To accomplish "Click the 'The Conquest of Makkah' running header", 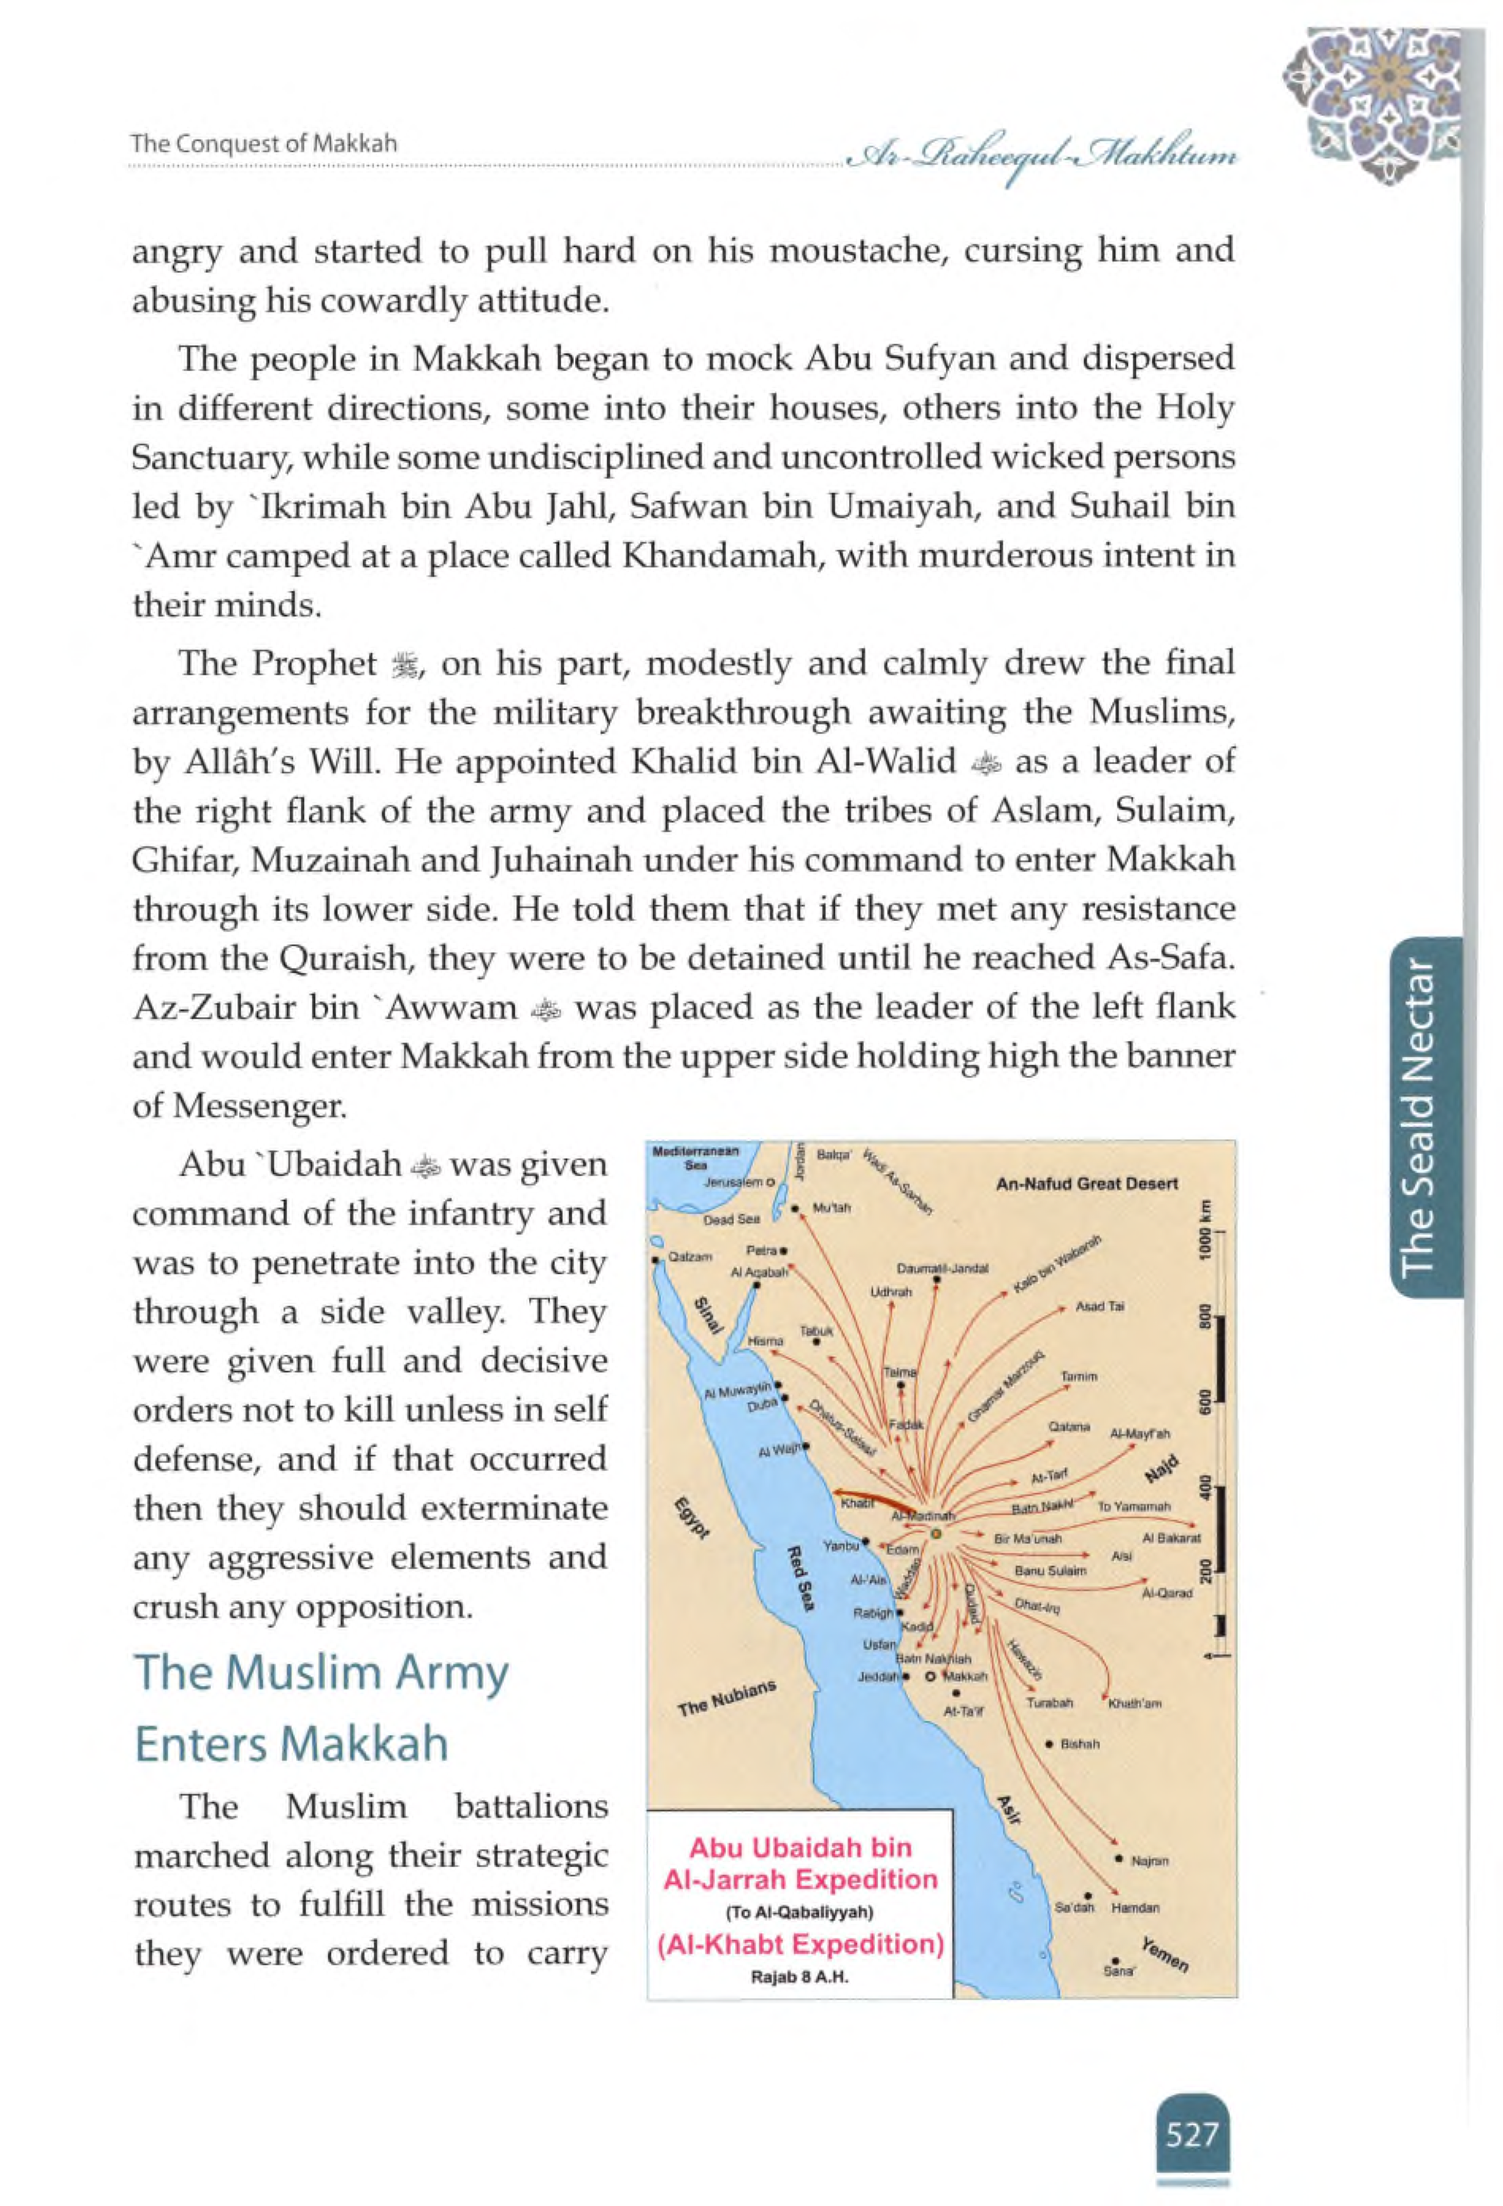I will tap(264, 144).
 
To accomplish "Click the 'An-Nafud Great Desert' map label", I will tap(1086, 1184).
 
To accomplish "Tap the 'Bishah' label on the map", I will tap(1080, 1745).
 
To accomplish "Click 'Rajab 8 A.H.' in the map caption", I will tap(799, 1978).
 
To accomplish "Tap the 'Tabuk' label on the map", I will tap(815, 1331).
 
